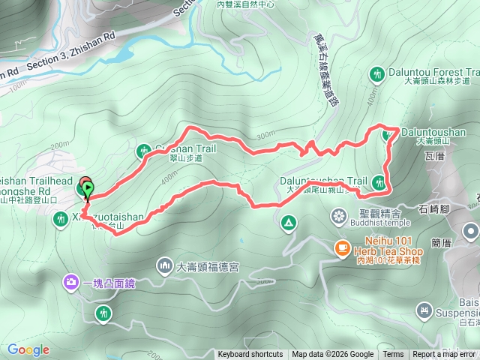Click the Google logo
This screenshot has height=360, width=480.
[28, 349]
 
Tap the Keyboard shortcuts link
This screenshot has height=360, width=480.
[250, 355]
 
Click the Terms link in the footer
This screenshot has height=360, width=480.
[393, 355]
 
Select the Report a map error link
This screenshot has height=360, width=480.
[444, 355]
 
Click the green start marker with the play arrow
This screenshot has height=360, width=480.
[88, 188]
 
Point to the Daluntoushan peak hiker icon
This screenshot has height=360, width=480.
[388, 135]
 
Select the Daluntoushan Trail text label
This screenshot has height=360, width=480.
[324, 181]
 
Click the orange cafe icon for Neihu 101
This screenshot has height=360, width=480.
[341, 246]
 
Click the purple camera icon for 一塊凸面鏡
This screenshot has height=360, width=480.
[71, 283]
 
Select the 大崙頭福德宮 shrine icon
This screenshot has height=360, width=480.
[165, 265]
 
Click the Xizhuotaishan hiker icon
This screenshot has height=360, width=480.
[61, 220]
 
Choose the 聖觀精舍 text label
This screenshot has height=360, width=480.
[370, 212]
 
